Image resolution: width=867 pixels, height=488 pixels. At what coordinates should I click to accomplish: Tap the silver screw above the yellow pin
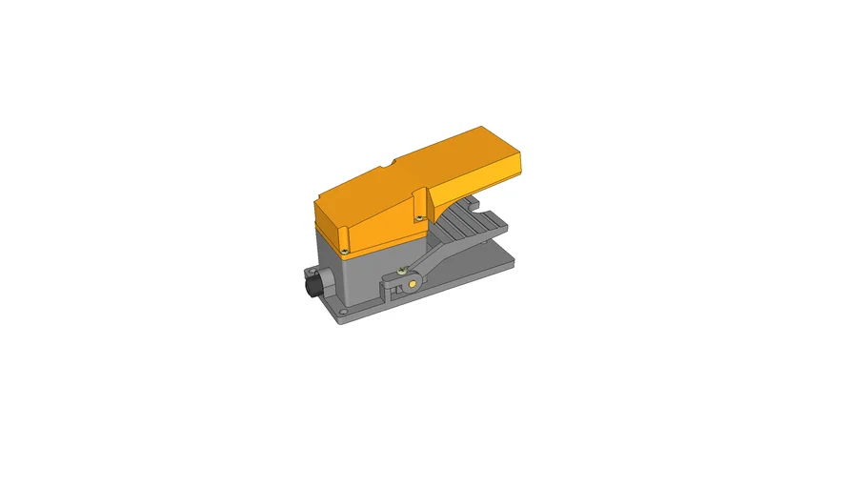click(x=406, y=268)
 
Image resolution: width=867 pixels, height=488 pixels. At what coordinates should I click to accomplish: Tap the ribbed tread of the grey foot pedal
click(x=468, y=226)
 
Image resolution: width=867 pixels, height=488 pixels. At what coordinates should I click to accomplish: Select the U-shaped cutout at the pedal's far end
click(x=473, y=202)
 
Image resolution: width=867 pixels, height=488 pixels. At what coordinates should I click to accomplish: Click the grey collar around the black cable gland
click(x=319, y=284)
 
